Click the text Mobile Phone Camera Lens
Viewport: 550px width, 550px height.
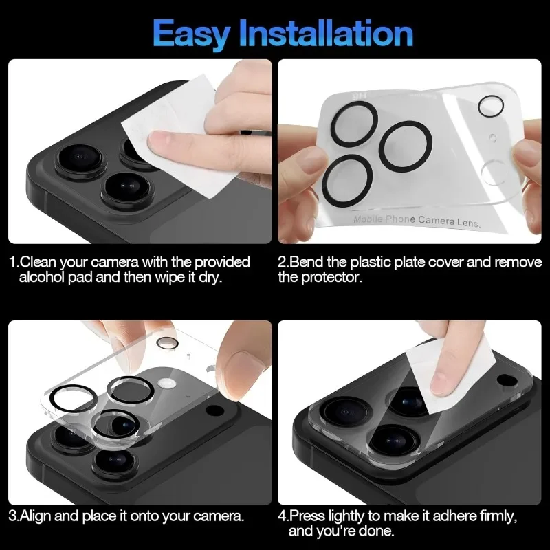coord(417,221)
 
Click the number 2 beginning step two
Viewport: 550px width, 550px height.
coord(281,263)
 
